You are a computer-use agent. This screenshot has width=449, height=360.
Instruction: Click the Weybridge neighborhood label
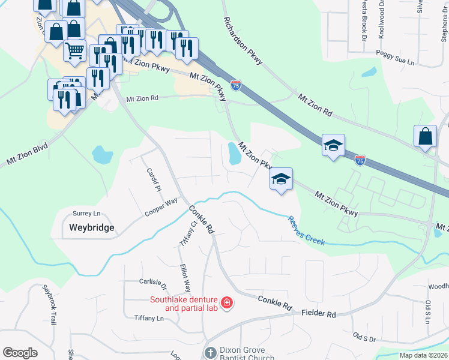(x=91, y=227)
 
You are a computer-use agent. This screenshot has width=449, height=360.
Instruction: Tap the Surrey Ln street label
(x=86, y=214)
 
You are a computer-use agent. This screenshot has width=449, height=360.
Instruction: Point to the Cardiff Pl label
(x=154, y=179)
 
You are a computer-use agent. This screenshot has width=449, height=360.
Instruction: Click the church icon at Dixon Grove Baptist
(x=210, y=352)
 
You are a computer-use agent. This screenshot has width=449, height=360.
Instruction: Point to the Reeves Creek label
(x=306, y=231)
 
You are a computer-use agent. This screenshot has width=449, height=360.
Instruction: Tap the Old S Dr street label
(x=364, y=340)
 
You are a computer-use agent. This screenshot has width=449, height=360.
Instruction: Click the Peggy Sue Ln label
(x=395, y=62)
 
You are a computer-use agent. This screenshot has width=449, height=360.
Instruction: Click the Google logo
(x=20, y=353)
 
